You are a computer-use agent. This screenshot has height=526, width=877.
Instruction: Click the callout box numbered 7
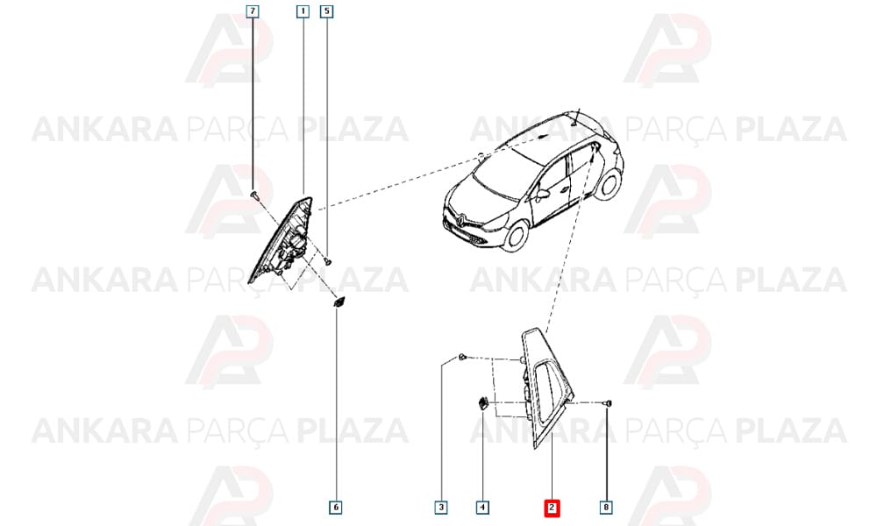(253, 11)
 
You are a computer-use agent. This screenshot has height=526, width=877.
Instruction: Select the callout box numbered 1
(303, 11)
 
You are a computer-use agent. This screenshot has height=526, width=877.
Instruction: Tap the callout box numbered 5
(326, 11)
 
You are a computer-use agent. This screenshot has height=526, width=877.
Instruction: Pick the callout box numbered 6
(336, 508)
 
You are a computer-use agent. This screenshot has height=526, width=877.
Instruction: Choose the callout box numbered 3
(441, 508)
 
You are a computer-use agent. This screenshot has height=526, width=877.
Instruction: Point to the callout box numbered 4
(482, 508)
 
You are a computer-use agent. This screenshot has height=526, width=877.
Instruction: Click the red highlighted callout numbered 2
(552, 508)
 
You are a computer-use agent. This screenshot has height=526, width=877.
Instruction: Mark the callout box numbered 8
(606, 508)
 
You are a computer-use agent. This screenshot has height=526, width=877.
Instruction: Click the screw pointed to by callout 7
(255, 195)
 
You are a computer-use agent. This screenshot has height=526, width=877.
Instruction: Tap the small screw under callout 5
(328, 260)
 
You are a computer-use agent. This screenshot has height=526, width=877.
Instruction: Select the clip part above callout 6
(339, 302)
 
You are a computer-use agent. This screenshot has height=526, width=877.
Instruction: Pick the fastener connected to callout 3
(462, 357)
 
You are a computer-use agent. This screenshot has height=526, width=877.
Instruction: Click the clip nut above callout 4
(482, 403)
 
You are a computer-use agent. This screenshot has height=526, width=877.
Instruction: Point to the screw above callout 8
(608, 403)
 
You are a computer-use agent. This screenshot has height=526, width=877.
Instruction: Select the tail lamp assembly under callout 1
(282, 240)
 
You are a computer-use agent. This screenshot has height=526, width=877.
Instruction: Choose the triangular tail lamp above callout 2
(546, 387)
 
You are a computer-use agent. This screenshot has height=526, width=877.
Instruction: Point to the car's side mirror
(542, 195)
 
